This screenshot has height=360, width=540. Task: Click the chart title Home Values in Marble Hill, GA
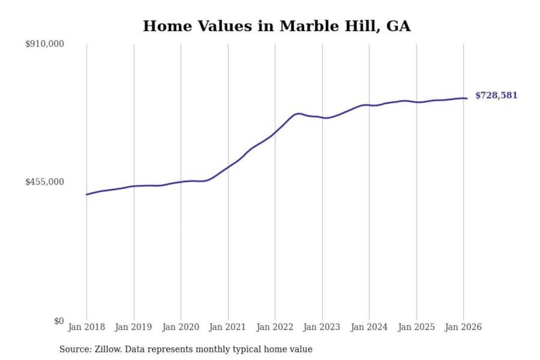[x=277, y=26]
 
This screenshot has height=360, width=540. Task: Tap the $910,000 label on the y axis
[x=45, y=44]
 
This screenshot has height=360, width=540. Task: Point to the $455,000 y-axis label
[x=45, y=182]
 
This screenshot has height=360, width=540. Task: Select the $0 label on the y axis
[x=59, y=321]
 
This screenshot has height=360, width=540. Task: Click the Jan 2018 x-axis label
[x=86, y=327]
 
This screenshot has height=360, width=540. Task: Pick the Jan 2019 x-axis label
[x=133, y=327]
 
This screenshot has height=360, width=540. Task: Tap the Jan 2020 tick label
[x=180, y=327]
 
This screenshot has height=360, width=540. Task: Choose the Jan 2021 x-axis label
[x=227, y=327]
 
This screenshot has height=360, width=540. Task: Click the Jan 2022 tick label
[x=274, y=327]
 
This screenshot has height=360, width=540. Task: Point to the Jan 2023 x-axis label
[x=322, y=327]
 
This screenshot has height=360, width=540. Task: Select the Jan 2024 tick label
[x=369, y=327]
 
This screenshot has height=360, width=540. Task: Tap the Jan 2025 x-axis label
[x=416, y=327]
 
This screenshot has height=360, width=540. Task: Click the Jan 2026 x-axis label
[x=463, y=327]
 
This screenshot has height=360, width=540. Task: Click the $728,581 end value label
[x=496, y=95]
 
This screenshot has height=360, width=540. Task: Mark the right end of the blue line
[x=467, y=98]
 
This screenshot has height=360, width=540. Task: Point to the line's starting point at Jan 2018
[x=87, y=194]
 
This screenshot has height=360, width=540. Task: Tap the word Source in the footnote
[x=75, y=349]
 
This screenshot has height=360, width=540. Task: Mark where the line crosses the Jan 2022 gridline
[x=275, y=132]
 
